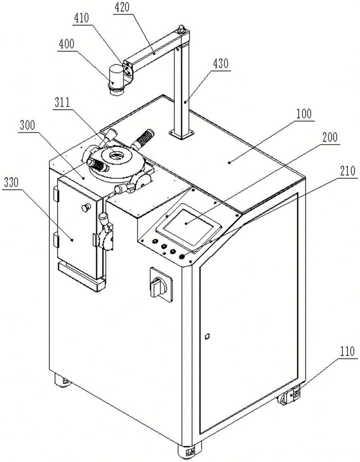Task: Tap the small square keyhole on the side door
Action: (207, 335)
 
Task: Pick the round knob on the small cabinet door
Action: (85, 207)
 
